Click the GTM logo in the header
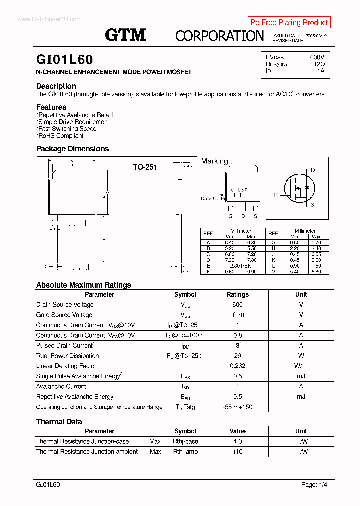125,35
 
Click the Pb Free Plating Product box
289,22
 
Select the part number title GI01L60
64,60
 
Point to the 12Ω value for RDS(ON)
319,64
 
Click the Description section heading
56,86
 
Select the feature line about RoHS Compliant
60,136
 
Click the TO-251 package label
145,167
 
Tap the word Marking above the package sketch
214,161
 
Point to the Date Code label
213,199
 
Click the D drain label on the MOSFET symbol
313,170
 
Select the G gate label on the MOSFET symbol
275,195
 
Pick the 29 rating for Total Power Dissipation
237,356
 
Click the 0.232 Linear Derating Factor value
237,366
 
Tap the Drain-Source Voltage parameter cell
65,305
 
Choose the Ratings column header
237,295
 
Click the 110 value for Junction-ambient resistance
237,452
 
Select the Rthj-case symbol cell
185,441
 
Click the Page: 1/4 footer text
314,485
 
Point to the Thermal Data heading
59,422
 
